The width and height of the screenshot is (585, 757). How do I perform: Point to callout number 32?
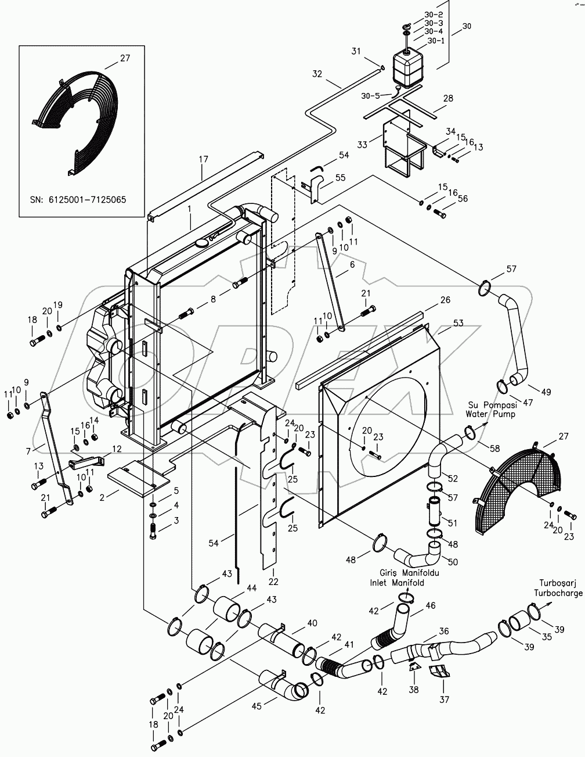[x=317, y=74]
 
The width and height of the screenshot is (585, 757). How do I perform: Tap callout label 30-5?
[x=370, y=95]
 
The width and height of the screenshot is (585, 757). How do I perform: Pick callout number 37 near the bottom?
[x=443, y=700]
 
